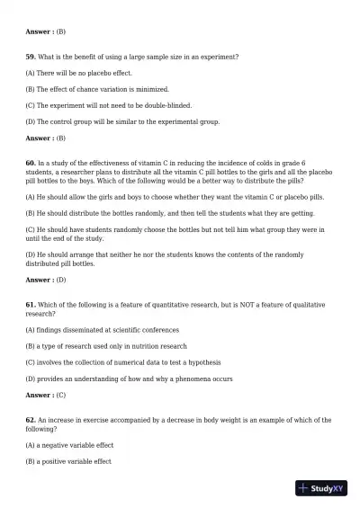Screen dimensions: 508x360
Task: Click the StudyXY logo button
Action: [x=320, y=488]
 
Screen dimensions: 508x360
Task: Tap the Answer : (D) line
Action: [x=46, y=280]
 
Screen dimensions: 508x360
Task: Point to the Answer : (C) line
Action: [x=46, y=395]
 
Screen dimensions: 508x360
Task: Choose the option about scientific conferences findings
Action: [x=103, y=330]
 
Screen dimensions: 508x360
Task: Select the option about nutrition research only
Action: [x=106, y=346]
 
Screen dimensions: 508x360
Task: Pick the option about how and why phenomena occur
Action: [x=129, y=379]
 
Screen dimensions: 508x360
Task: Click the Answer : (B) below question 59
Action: [x=46, y=138]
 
